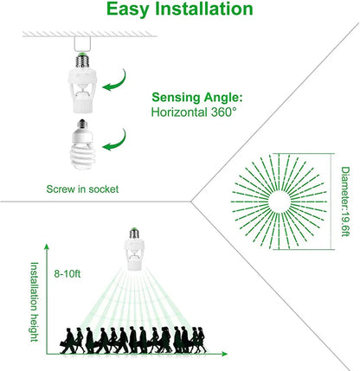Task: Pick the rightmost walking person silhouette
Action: pos(200,339)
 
